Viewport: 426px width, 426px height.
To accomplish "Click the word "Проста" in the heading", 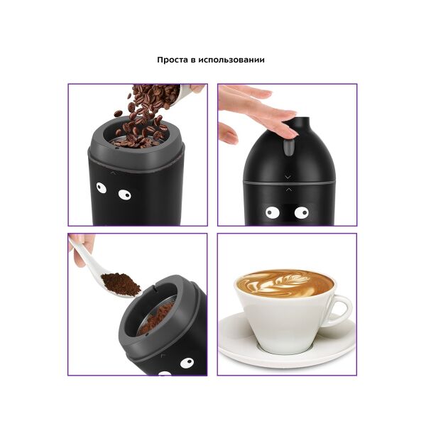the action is [173, 60].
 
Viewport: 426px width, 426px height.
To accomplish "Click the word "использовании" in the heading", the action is [231, 60].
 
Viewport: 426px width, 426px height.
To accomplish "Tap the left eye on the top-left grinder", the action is [102, 187].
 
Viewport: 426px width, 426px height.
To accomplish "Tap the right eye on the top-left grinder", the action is [125, 195].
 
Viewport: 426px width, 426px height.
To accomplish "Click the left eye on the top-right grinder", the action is [273, 212].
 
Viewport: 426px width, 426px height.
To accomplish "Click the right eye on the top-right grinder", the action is [302, 212].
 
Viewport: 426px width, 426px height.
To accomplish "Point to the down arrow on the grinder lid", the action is [288, 177].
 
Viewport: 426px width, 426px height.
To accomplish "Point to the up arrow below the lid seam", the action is [289, 190].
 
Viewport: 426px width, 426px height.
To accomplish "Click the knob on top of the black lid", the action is [302, 124].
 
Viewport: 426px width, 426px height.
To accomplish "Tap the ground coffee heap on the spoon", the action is [121, 284].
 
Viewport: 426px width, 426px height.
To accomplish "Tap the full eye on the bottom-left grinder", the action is [187, 364].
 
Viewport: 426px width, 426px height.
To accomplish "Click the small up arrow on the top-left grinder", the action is [113, 173].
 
